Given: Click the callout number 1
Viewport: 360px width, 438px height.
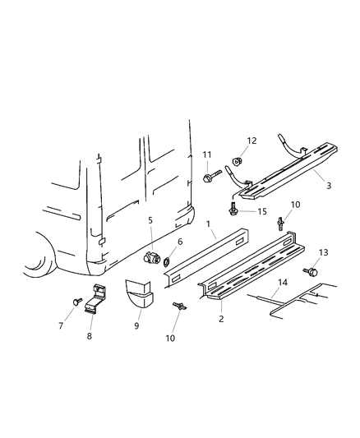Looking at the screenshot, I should point(210,223).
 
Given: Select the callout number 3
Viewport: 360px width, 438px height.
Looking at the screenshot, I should point(329,186).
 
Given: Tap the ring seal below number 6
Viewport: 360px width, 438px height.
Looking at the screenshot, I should point(168,262).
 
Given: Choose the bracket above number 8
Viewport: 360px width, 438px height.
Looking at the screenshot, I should point(97,297).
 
